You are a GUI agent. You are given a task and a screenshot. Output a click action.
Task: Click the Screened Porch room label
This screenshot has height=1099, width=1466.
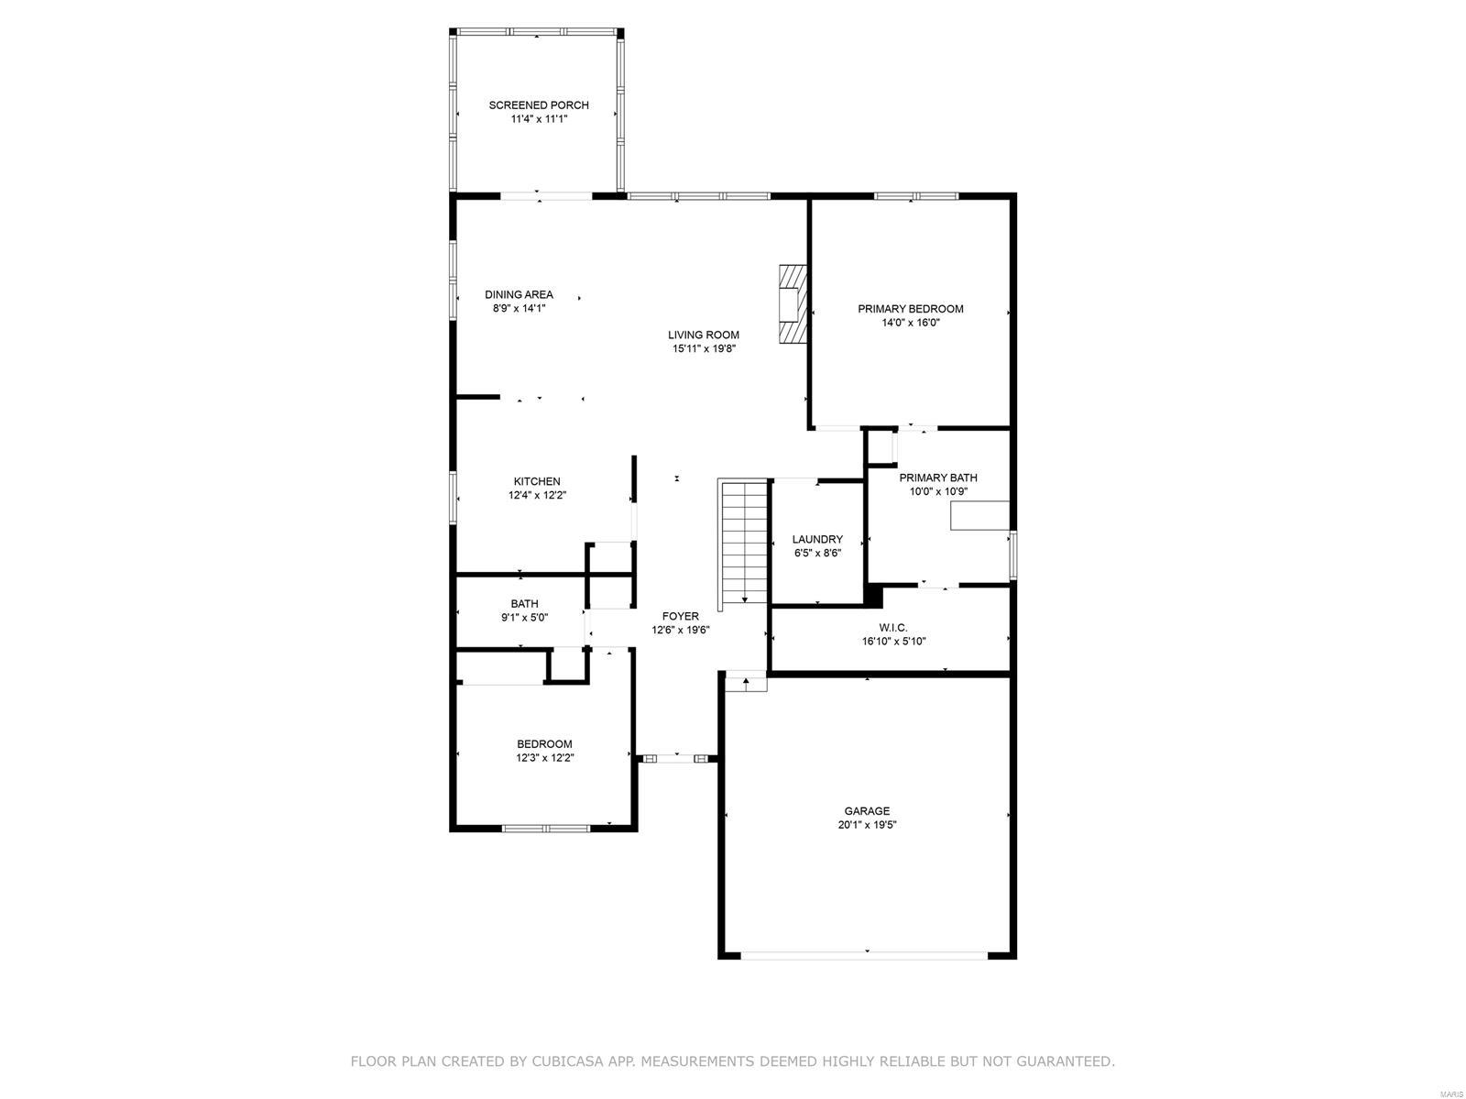point(538,105)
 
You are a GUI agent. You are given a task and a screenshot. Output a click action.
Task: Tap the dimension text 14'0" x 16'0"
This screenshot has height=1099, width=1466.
point(910,323)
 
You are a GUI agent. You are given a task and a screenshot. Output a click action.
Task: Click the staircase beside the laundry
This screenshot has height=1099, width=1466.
point(743,542)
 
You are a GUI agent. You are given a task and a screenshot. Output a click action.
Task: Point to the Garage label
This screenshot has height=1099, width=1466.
point(867,811)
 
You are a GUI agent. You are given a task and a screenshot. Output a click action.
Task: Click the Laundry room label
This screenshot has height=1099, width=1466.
point(817,540)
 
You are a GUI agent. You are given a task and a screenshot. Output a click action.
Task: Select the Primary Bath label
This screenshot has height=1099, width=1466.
point(937,478)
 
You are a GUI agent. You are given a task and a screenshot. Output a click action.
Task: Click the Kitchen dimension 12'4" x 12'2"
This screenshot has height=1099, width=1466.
point(537,496)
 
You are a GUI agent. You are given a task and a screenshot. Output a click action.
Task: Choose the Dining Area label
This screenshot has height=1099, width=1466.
point(519,295)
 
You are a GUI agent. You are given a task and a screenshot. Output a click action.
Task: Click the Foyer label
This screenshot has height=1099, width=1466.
point(680,617)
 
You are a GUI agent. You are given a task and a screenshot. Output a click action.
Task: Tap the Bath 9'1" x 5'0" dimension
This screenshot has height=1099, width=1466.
point(524,618)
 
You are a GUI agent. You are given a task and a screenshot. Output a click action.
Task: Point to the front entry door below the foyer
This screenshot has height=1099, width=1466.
point(677,759)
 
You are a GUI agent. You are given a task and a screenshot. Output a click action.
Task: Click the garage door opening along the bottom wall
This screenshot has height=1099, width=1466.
point(865,955)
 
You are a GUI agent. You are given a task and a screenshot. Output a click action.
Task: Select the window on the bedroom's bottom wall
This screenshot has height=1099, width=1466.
point(546,829)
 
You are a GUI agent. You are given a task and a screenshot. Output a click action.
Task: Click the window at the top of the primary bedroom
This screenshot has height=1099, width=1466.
point(915,195)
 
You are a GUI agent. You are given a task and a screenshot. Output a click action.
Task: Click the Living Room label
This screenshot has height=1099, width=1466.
point(703,335)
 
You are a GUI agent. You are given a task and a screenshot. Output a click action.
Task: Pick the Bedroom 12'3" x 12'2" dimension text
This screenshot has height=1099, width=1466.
point(544,758)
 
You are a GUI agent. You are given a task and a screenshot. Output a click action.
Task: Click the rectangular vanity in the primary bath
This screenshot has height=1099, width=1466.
point(979,516)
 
